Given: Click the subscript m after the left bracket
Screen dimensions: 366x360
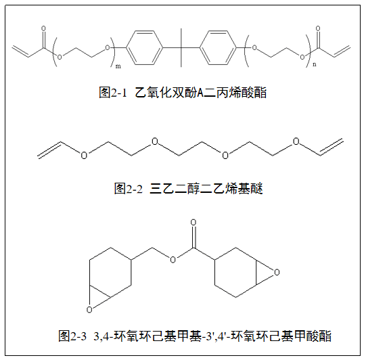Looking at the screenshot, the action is (x=118, y=66).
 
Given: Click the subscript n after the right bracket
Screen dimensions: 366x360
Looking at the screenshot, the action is (x=315, y=64).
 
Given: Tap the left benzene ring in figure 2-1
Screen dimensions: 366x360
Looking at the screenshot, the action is (x=144, y=48).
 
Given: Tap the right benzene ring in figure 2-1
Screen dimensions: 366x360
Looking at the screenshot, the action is (x=219, y=48).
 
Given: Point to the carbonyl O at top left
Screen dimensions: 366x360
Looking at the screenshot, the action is (x=43, y=28).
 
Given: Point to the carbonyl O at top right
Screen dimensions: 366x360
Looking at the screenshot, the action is (x=318, y=28).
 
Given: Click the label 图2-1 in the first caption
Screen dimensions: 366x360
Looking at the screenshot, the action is (x=112, y=93).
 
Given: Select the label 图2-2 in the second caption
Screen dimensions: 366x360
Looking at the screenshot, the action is (x=128, y=189).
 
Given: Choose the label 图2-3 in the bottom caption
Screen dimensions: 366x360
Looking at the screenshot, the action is (x=72, y=336).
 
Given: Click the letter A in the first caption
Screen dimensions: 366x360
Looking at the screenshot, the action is (x=200, y=93).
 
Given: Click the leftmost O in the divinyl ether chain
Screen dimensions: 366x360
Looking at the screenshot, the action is (x=84, y=155).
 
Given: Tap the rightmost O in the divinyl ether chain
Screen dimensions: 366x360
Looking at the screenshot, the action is (x=296, y=141).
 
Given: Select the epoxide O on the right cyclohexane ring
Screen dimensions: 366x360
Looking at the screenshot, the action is (x=277, y=273).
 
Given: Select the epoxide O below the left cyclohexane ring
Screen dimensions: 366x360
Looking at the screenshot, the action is (x=89, y=309).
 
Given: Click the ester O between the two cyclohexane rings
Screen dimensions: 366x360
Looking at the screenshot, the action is (x=173, y=260).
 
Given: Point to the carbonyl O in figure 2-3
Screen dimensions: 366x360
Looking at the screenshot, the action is (x=193, y=223).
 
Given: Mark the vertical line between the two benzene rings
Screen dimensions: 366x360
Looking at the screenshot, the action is (x=181, y=47).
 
